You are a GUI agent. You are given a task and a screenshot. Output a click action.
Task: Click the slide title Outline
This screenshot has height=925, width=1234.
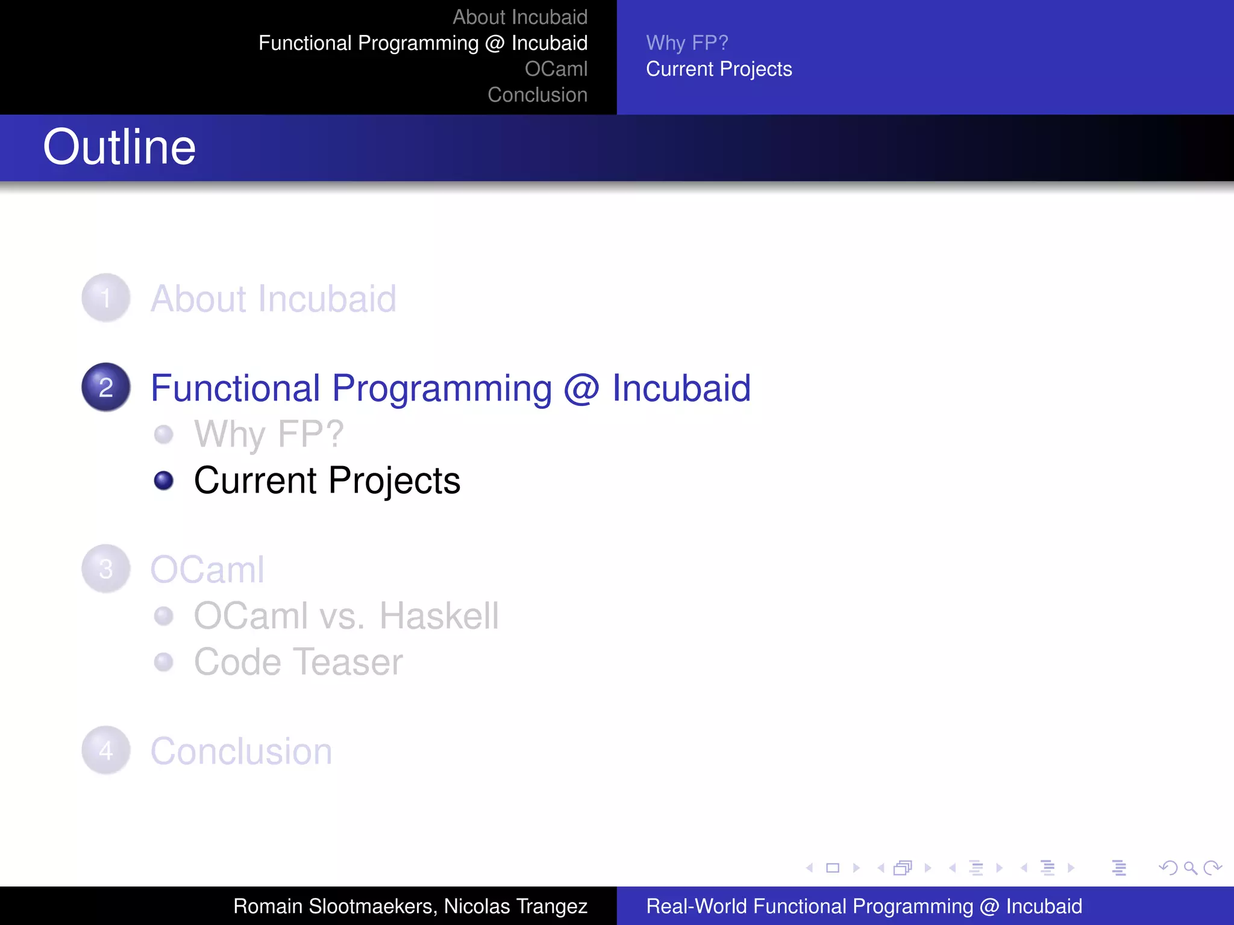click(x=119, y=148)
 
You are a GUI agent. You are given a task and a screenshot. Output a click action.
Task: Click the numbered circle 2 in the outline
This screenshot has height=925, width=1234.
click(x=106, y=387)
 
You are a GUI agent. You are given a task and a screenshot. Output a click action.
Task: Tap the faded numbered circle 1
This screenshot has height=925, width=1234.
click(x=106, y=298)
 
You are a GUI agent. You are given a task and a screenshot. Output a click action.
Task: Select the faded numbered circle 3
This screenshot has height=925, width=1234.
click(x=106, y=569)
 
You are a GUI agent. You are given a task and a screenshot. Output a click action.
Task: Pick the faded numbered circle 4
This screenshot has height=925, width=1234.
click(x=106, y=750)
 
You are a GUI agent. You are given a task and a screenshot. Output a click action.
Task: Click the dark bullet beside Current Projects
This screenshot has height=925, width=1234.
click(x=163, y=481)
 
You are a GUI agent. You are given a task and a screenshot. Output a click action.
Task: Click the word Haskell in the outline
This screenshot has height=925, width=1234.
click(x=439, y=616)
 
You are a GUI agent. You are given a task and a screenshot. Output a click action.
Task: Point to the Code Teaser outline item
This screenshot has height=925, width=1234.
click(x=298, y=662)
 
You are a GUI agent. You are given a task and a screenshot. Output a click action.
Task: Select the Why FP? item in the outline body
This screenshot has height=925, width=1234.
click(x=269, y=434)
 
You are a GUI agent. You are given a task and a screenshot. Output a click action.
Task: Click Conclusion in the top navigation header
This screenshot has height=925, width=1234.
click(x=537, y=95)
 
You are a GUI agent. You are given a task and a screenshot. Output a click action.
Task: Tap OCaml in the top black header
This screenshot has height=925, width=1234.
click(x=556, y=69)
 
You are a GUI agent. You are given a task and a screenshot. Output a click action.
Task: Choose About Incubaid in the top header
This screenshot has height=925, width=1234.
click(x=519, y=17)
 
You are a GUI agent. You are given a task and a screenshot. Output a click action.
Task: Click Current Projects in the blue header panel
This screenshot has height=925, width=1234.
click(x=718, y=69)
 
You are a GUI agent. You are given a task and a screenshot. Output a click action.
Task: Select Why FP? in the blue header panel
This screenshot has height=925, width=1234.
click(x=687, y=43)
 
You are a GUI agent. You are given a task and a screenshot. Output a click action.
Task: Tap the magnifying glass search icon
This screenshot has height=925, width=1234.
click(x=1190, y=868)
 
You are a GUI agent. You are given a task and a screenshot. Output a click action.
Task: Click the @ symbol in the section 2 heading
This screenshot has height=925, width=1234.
click(x=581, y=388)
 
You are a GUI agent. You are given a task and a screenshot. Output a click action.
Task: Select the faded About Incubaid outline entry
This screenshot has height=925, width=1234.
click(x=273, y=299)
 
